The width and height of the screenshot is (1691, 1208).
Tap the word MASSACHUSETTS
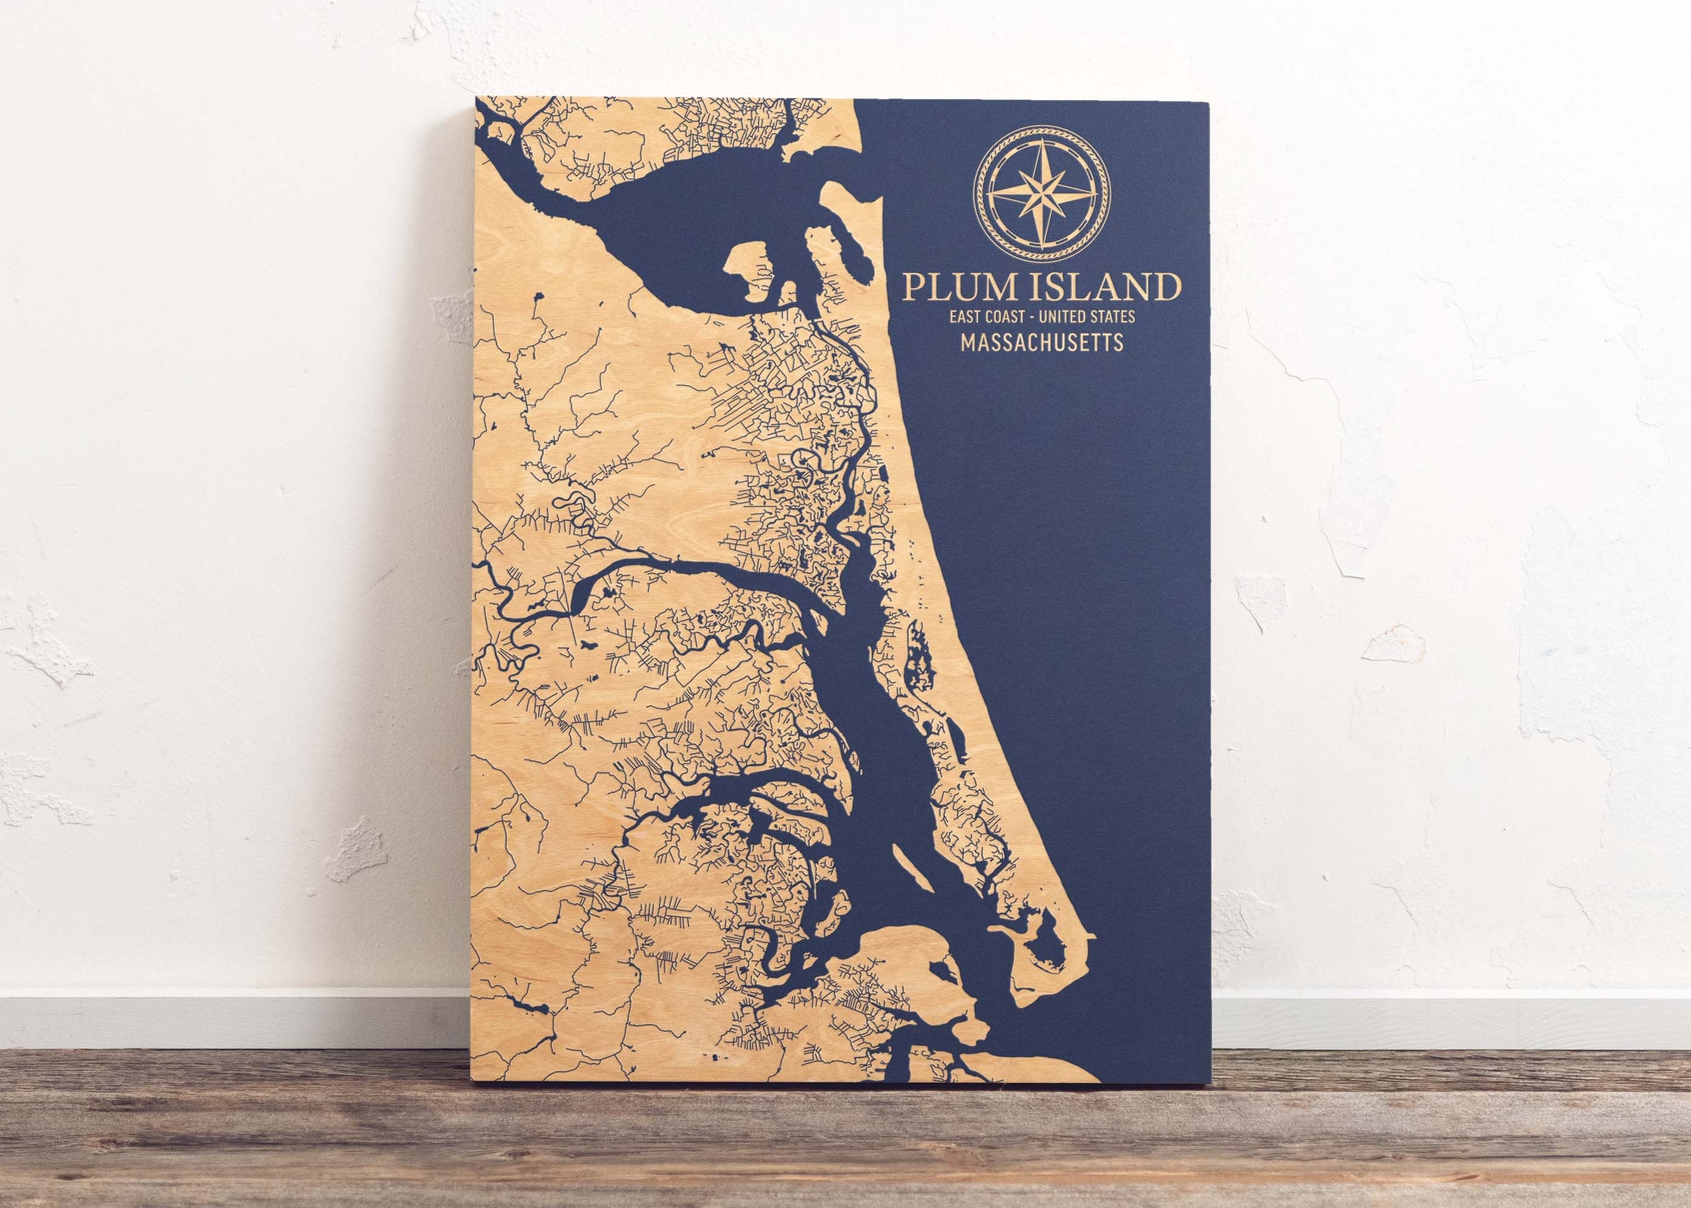coord(1041,343)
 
